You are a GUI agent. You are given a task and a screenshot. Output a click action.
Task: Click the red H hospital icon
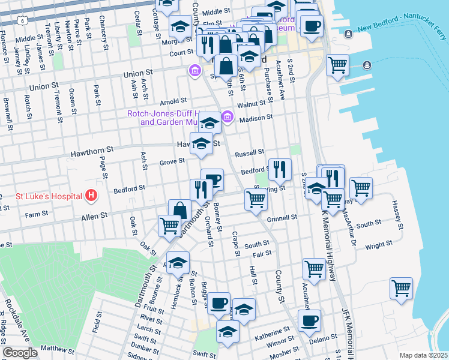click(x=91, y=196)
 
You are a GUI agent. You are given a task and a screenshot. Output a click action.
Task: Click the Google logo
click(x=20, y=353)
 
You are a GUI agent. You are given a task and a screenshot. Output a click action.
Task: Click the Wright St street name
click(x=378, y=245)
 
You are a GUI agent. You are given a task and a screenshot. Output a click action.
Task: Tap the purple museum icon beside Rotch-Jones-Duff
click(x=227, y=116)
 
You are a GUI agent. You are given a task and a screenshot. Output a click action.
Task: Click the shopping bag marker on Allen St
click(x=179, y=211)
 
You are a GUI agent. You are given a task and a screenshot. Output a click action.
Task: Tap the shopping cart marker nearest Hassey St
click(x=361, y=188)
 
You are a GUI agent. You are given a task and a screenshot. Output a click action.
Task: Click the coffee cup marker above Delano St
click(x=309, y=320)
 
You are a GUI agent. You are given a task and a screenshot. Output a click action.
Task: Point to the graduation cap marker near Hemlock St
click(x=178, y=263)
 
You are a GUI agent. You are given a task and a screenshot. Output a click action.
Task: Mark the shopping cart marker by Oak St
click(x=169, y=226)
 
